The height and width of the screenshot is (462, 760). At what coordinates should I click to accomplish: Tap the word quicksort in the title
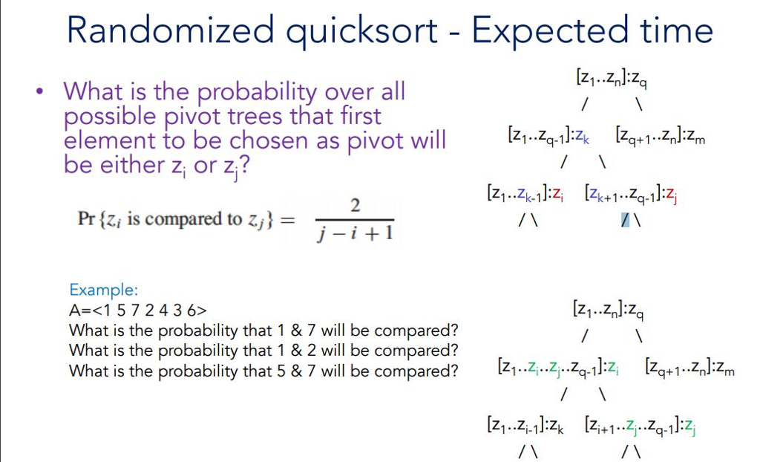(364, 30)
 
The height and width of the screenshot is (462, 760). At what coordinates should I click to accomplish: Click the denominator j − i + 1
(355, 235)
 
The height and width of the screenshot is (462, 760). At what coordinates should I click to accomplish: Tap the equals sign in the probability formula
(288, 219)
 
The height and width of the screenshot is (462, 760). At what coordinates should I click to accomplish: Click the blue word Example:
(103, 290)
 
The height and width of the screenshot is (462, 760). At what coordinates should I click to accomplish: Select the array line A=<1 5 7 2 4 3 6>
(137, 310)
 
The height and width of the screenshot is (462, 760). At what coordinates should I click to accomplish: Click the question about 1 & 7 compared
(263, 330)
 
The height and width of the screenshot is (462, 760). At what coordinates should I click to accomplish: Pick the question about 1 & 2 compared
(263, 350)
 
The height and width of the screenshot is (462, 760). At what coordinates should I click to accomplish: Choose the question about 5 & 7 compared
(263, 370)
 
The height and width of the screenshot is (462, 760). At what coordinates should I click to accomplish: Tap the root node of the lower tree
(608, 308)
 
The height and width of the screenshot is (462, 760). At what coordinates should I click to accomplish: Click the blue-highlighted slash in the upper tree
(626, 221)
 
